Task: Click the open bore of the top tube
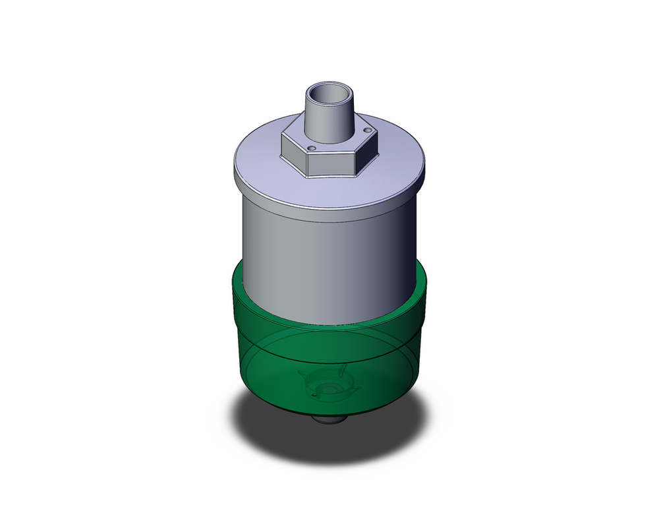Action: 329,93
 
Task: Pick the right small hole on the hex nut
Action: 367,131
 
